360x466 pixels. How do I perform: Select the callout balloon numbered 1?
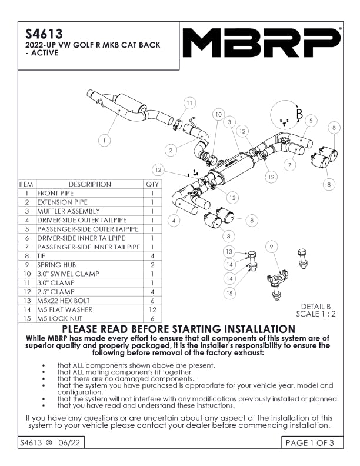(x=104, y=141)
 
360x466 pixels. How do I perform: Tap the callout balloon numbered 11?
(x=189, y=103)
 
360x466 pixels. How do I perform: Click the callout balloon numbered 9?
(x=271, y=247)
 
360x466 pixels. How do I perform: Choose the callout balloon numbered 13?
(x=229, y=252)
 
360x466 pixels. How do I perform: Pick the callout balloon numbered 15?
(x=229, y=292)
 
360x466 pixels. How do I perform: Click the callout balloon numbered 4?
(x=174, y=221)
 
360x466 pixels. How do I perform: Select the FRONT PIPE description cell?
(x=56, y=193)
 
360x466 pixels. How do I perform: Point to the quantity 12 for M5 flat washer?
(x=152, y=310)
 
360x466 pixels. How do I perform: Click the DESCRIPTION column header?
(x=89, y=184)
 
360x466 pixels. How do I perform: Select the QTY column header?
(x=152, y=184)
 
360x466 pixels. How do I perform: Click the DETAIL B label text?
(x=316, y=306)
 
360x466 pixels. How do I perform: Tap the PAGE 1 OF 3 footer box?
(x=309, y=443)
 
